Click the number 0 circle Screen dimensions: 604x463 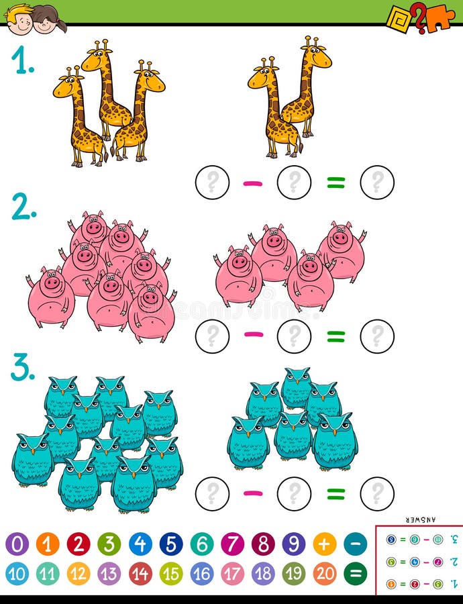coord(17,544)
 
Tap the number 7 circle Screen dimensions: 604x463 coord(233,544)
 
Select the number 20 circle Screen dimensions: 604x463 coord(325,574)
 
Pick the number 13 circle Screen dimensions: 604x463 coord(109,574)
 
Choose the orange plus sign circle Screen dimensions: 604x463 coord(325,544)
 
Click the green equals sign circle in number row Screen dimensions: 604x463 coord(356,574)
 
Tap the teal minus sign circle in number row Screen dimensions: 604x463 coord(356,544)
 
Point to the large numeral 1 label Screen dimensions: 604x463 coord(23,62)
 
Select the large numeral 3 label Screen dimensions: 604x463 coord(22,368)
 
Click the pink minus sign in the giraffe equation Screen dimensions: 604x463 coord(253,183)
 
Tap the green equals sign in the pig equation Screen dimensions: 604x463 coord(336,336)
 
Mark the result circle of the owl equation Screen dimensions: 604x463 coord(377,494)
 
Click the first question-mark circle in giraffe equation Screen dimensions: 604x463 coord(212,183)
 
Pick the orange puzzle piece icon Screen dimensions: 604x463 coord(440,16)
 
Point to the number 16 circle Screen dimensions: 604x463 coord(202,574)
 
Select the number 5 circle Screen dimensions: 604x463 coord(171,544)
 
